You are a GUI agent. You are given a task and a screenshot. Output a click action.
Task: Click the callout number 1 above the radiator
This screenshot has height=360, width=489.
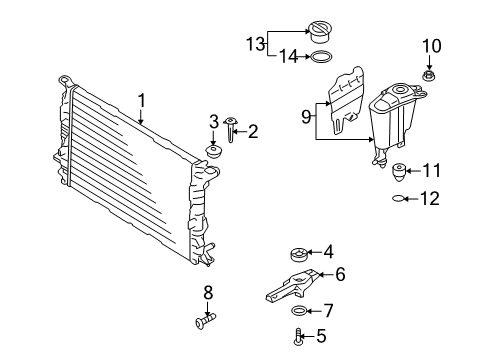142,101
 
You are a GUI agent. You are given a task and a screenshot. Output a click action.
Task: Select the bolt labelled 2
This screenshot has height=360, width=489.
230,129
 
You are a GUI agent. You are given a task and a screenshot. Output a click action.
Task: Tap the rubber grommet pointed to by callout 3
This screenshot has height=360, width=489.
213,152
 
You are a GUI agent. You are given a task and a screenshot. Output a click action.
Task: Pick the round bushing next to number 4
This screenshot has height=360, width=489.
299,255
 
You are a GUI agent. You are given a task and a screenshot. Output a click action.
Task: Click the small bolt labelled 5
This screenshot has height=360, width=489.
298,336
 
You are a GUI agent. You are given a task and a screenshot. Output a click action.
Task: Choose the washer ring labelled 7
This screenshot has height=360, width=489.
299,311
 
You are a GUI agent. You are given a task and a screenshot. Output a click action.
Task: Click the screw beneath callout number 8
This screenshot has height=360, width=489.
205,321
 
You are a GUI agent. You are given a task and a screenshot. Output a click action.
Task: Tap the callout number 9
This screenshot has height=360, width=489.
306,117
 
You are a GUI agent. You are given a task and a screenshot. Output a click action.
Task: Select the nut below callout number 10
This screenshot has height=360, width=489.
429,76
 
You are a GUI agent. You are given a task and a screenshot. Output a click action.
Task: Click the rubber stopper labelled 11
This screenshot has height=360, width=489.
398,172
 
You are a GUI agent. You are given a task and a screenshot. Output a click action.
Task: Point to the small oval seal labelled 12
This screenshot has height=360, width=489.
398,199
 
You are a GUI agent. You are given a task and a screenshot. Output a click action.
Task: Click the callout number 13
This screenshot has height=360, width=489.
255,44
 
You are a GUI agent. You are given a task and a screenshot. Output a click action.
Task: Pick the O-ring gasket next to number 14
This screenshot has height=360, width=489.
321,57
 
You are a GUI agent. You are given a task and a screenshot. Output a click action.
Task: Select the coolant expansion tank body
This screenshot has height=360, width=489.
393,124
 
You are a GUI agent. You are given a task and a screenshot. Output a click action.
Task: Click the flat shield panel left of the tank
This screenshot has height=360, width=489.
346,100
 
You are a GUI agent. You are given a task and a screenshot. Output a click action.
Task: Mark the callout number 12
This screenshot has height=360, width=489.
430,199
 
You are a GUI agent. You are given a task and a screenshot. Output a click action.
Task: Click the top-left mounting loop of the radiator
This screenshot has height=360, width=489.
66,80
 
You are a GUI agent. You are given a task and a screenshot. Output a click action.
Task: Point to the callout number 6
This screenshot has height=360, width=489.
340,274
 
